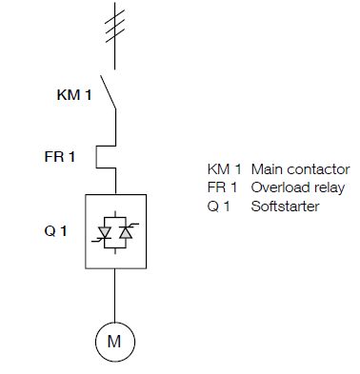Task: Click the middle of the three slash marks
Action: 114,24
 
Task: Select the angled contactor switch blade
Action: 108,91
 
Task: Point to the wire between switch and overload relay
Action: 114,124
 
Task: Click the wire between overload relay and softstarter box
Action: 114,181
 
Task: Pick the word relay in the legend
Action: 328,187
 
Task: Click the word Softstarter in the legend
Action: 285,207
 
